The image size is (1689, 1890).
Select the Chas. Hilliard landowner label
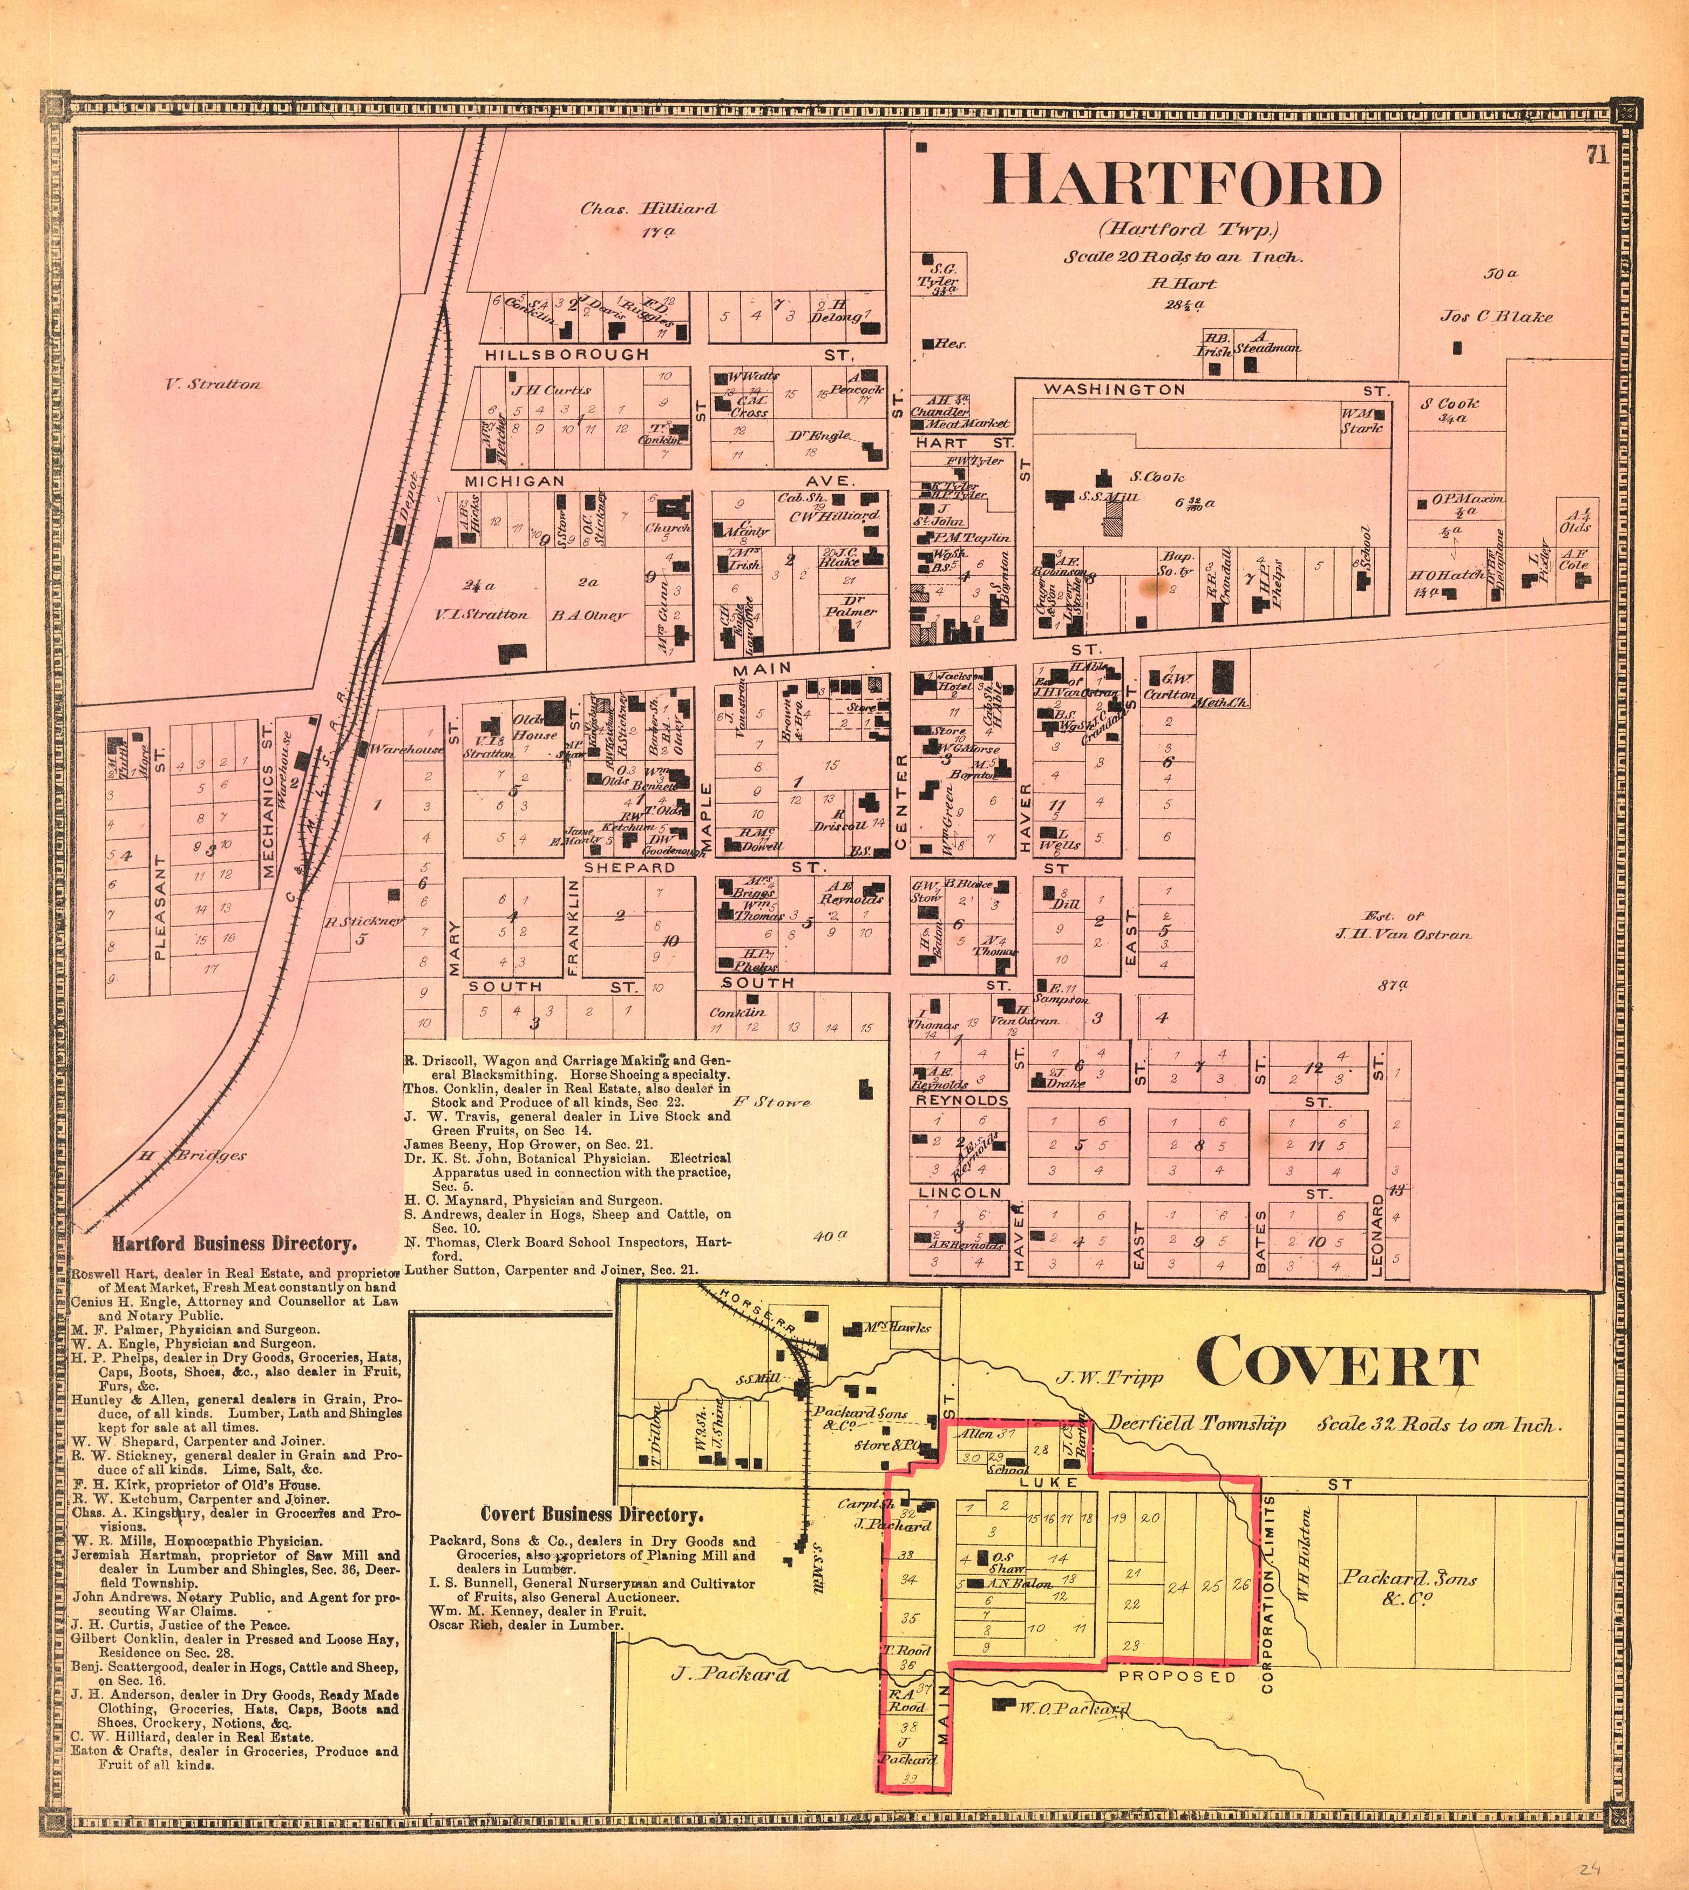(x=649, y=209)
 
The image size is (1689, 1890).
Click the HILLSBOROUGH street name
(x=567, y=355)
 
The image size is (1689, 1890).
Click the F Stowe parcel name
(x=772, y=1102)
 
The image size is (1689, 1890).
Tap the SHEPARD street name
(x=629, y=867)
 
